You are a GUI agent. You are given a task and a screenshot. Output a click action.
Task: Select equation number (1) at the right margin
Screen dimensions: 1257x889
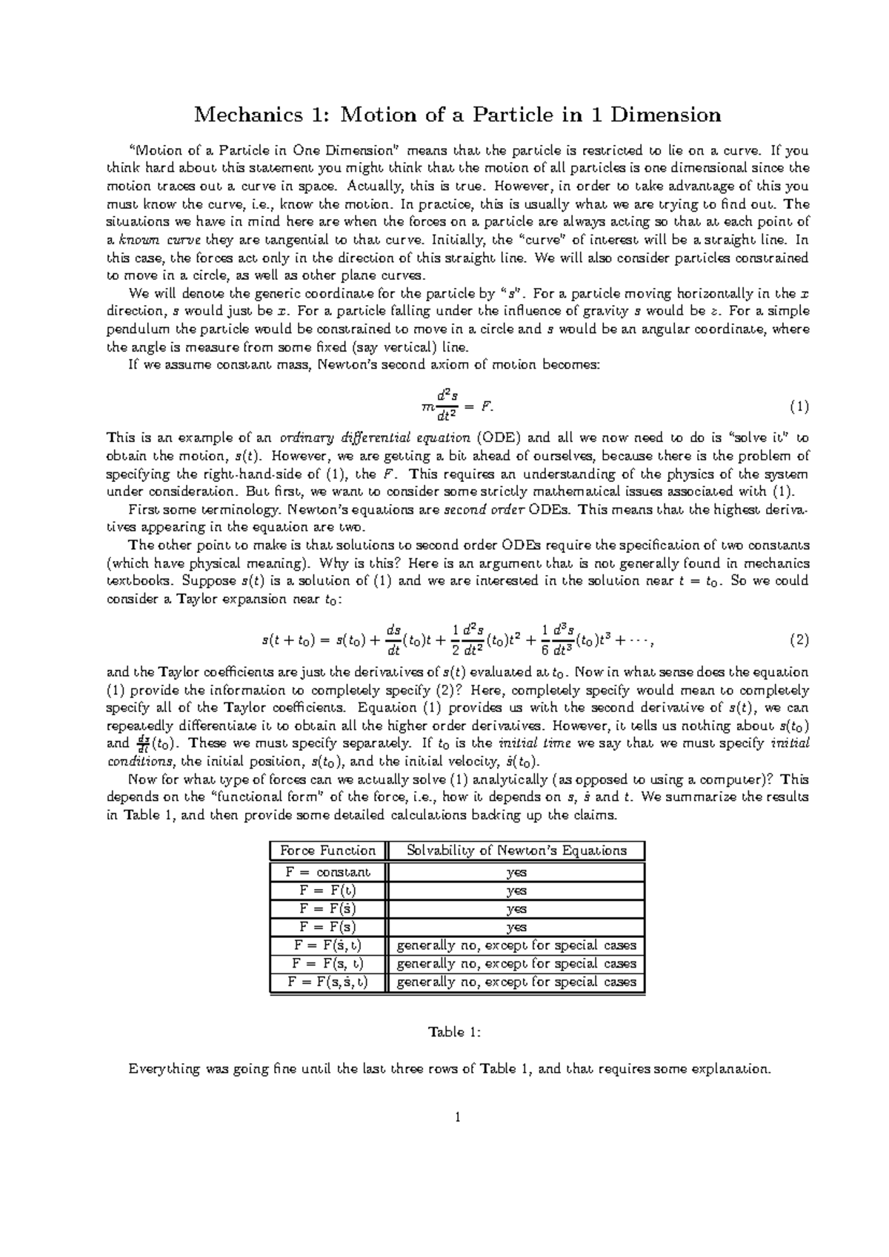[799, 406]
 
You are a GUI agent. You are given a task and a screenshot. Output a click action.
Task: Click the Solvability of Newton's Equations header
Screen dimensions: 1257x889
[516, 851]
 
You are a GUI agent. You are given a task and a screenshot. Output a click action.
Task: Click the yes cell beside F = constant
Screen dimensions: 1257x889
[516, 872]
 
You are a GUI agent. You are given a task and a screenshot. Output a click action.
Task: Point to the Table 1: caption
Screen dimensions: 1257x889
[455, 1032]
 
